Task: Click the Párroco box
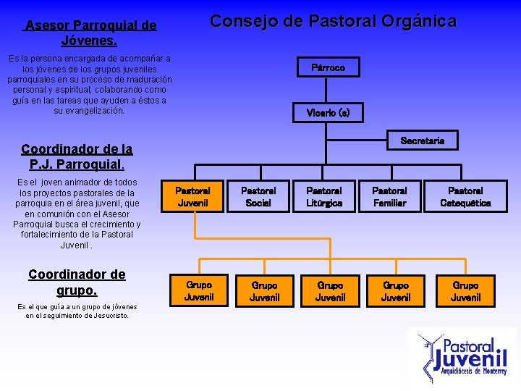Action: point(328,67)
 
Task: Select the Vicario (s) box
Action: point(328,113)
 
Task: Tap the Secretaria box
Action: point(423,140)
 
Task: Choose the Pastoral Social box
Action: point(258,197)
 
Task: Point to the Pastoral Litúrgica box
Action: point(324,197)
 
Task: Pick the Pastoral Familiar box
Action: point(389,197)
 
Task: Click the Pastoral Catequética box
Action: point(465,197)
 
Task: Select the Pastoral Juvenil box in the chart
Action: point(192,197)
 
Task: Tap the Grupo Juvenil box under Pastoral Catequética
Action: point(465,291)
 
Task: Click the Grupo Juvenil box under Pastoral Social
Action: point(265,291)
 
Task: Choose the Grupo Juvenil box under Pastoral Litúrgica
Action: point(330,291)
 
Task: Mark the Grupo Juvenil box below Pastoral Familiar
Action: point(395,291)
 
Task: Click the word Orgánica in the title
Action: point(420,22)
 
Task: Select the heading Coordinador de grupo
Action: point(77,282)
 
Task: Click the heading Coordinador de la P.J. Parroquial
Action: point(77,156)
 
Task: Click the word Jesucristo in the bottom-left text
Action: point(106,315)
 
